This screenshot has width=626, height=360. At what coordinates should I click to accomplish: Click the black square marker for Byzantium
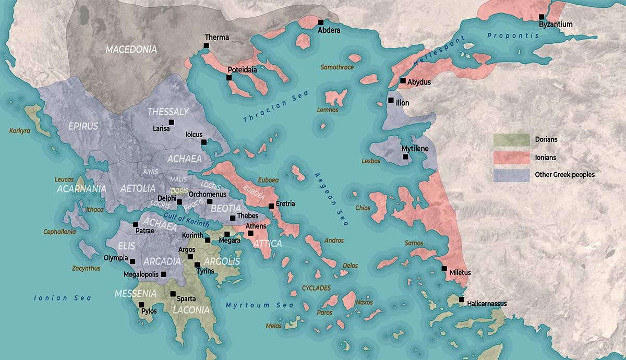541,17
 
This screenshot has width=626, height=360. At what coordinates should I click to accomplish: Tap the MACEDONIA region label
131,50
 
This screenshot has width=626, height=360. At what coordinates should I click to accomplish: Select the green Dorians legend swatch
510,139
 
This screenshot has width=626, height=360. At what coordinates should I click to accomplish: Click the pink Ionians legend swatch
510,157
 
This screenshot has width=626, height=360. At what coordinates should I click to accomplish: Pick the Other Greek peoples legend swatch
510,175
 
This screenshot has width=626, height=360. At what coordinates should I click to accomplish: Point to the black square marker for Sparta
173,294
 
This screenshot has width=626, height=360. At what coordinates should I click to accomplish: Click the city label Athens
256,226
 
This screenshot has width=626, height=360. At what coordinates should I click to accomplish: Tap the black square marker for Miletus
444,269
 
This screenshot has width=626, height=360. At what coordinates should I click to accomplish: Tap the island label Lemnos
328,110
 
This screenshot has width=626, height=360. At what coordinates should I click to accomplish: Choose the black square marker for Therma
207,46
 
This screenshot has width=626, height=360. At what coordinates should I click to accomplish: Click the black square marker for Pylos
141,305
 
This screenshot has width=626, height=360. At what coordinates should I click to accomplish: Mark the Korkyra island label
20,130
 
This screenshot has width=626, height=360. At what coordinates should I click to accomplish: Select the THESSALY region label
168,112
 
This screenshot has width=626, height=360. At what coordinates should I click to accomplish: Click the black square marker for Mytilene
405,157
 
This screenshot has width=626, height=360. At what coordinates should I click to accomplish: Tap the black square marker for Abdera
321,22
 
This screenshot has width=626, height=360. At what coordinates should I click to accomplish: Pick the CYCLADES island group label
316,288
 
